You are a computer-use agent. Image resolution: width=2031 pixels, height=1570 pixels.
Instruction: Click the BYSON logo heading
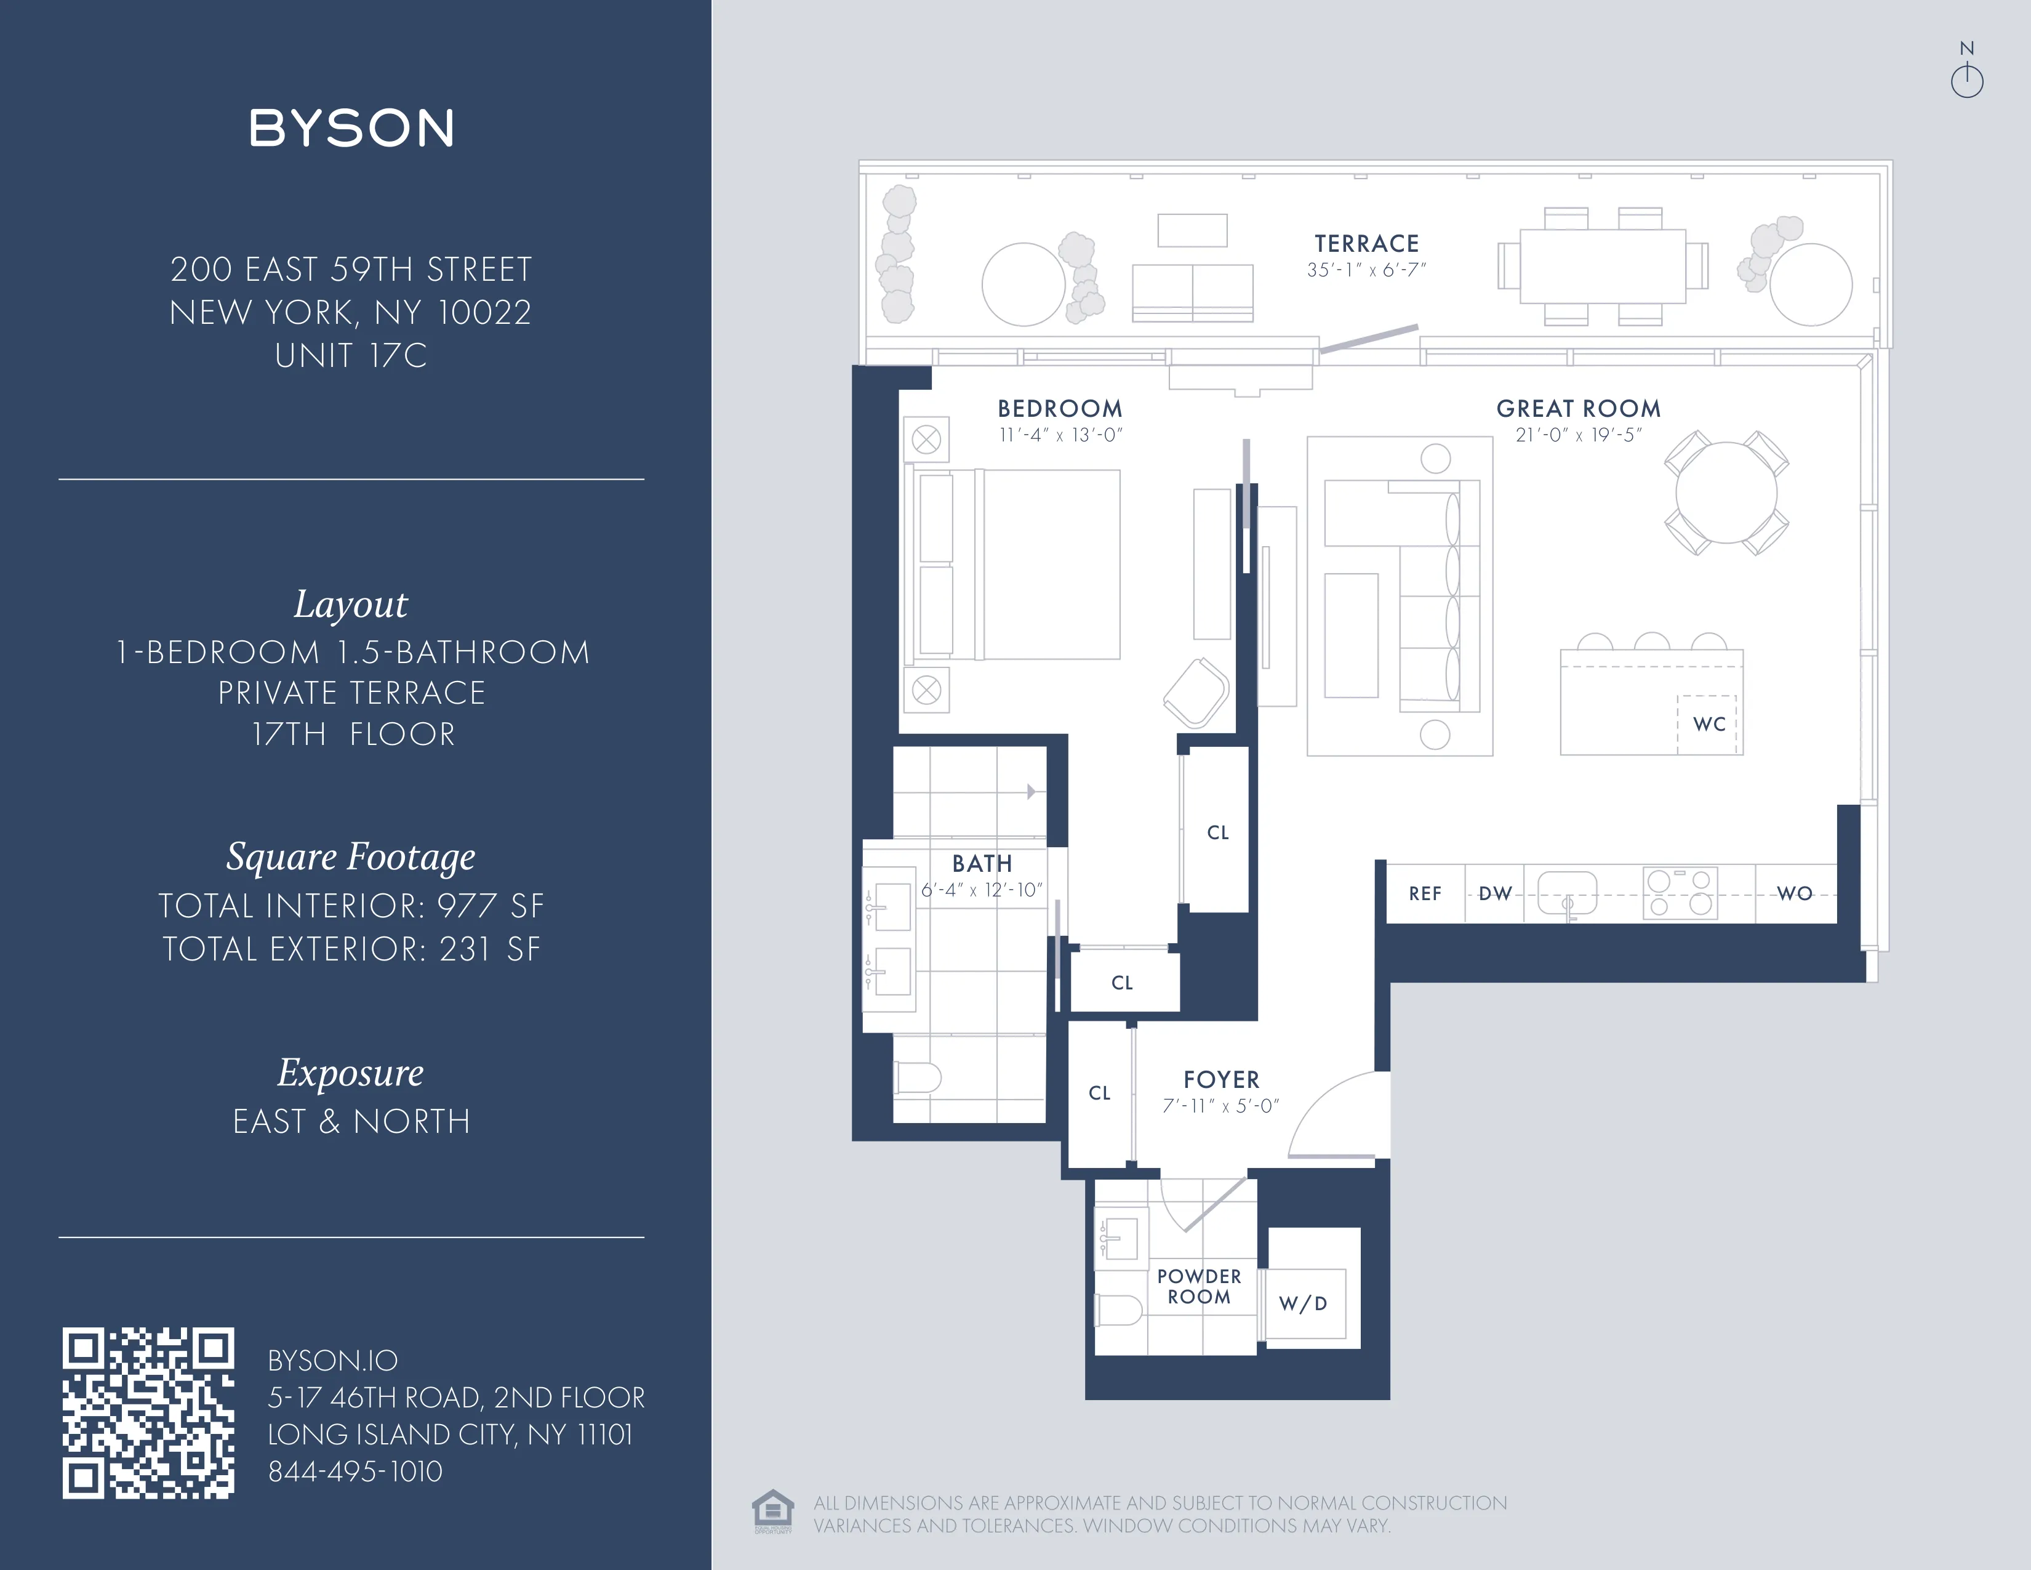(351, 128)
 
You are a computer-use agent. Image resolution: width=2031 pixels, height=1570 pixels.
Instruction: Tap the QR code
(148, 1413)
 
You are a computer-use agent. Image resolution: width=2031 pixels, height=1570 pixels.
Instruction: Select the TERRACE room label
(1366, 244)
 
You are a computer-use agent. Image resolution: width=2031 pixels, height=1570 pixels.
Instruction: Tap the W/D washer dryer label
(1303, 1303)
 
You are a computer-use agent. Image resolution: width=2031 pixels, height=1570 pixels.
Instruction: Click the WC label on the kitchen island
(1709, 723)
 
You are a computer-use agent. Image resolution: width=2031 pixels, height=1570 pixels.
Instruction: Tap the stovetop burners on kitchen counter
(1680, 893)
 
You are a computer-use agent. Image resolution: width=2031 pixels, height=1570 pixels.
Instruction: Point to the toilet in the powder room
(1119, 1311)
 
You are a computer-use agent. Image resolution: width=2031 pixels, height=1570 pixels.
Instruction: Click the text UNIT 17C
(351, 355)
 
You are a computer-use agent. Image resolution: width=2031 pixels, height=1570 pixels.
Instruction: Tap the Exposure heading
(351, 1073)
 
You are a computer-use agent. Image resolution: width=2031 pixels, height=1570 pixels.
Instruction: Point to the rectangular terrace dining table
(1602, 266)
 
